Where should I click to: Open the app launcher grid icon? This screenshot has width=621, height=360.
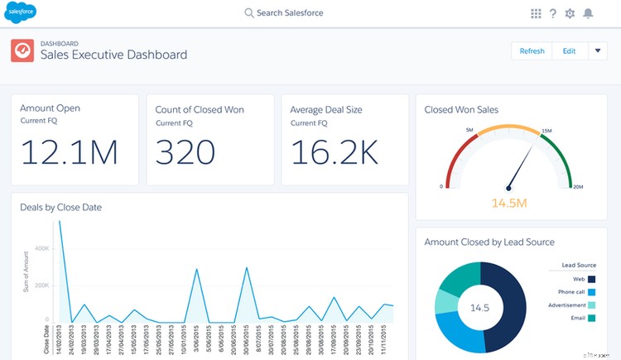(536, 13)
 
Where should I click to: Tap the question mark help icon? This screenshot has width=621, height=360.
(552, 13)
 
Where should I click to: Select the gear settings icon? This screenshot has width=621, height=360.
(570, 13)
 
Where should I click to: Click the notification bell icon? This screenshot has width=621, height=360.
(589, 13)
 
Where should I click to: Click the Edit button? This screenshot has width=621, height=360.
(569, 51)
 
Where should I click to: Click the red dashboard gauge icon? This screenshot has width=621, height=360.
(22, 51)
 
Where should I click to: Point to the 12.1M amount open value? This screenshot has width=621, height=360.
(69, 154)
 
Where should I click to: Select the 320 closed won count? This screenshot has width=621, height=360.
(185, 154)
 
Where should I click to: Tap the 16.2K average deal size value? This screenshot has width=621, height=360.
(334, 154)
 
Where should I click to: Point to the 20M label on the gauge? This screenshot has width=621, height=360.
(579, 188)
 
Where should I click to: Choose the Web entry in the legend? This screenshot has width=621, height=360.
(580, 280)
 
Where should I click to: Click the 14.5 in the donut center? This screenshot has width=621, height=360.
(480, 307)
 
